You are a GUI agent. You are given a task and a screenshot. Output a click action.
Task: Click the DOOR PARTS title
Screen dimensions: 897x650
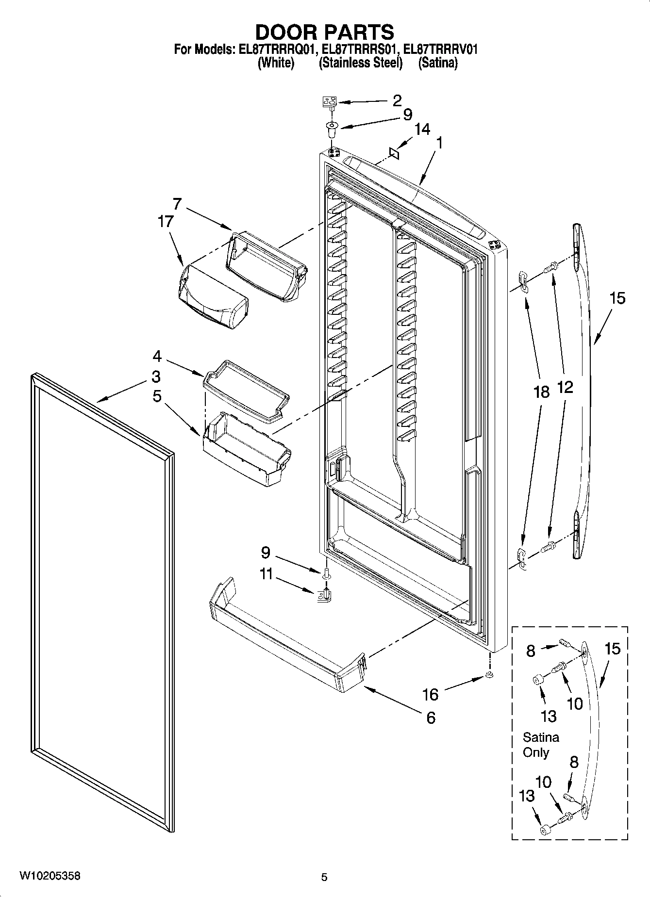tap(324, 32)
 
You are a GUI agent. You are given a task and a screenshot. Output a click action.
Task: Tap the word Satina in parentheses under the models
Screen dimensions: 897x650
tap(437, 63)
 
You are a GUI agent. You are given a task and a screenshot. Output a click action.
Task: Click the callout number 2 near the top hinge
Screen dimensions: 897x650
tap(397, 100)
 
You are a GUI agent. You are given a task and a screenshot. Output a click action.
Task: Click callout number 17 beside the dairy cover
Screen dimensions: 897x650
tap(165, 221)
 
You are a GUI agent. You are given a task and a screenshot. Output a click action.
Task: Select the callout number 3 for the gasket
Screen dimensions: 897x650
tap(156, 376)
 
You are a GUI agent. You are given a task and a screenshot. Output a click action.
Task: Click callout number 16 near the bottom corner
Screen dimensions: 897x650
tap(430, 695)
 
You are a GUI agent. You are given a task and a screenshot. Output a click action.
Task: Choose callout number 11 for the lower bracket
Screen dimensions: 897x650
tap(266, 574)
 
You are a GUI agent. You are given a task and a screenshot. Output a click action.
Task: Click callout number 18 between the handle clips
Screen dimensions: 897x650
tap(541, 391)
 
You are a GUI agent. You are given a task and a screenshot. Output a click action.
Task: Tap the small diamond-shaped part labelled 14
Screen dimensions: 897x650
tap(394, 154)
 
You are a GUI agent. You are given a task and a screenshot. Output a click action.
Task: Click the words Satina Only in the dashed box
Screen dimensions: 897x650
tap(540, 745)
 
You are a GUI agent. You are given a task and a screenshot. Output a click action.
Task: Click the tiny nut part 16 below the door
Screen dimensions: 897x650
tap(489, 675)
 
